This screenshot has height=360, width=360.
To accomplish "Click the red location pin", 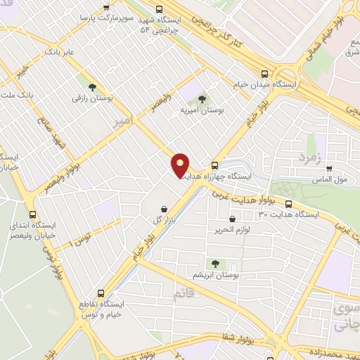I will click(x=180, y=165).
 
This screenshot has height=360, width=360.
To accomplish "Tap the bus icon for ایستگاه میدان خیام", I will click(x=265, y=73).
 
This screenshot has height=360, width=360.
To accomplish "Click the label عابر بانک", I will click(x=60, y=51).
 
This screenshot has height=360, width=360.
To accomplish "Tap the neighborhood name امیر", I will click(x=121, y=121).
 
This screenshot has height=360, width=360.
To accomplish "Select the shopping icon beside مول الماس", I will click(x=329, y=169).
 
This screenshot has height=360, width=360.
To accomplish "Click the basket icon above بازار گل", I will click(x=164, y=209).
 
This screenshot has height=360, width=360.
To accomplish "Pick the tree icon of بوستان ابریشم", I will click(x=214, y=264).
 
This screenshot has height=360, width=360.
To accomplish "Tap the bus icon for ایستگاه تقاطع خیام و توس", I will click(x=101, y=292).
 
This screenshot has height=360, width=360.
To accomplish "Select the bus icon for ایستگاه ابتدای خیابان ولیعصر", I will click(x=32, y=214).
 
